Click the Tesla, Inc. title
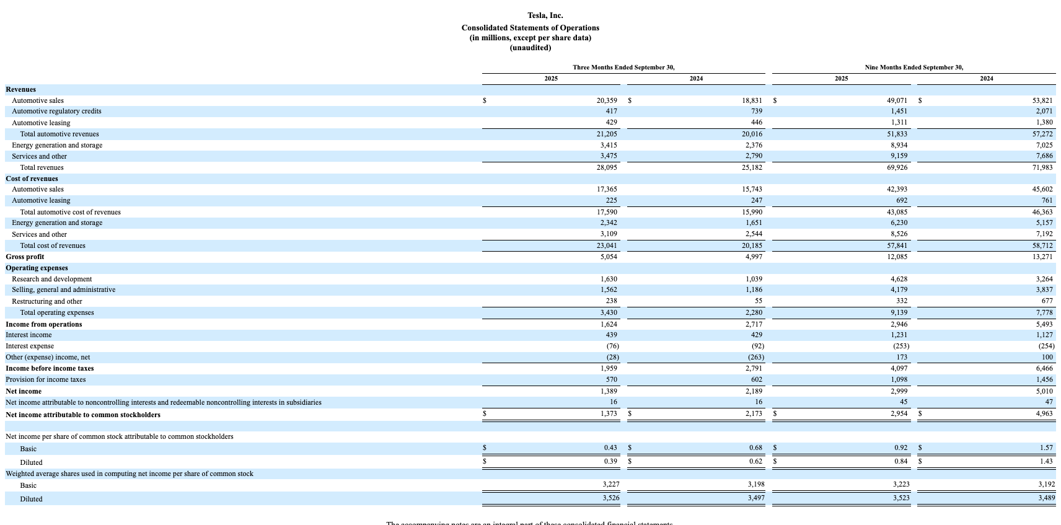coord(545,15)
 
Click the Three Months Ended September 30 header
coord(623,67)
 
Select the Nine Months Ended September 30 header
coord(914,67)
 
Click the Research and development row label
coord(51,279)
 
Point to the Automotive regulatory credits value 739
coord(756,111)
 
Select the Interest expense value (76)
coord(612,346)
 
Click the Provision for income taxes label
coord(45,379)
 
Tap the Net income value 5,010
coord(1044,391)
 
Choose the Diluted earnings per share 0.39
coord(610,461)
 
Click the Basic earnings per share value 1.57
coord(1046,448)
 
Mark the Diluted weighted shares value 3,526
coord(610,498)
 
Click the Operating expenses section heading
coord(37,268)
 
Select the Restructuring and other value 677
coord(1047,301)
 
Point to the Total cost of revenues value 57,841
coord(897,245)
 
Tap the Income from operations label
coord(43,324)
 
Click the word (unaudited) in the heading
coord(530,48)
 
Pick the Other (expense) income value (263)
coord(755,357)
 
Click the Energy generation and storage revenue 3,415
coord(608,145)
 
